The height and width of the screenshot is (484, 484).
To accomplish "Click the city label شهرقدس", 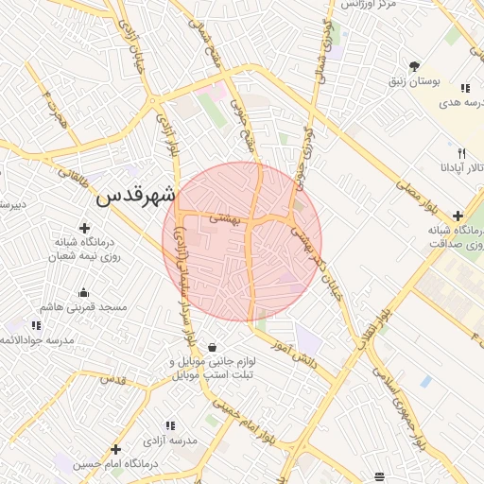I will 136,197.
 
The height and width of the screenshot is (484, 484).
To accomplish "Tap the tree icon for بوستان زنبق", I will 414,66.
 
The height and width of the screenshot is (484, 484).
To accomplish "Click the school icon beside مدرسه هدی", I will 464,89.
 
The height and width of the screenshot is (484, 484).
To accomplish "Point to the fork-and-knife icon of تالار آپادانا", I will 461,153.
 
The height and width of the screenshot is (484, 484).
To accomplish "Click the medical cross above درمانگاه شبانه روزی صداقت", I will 458,216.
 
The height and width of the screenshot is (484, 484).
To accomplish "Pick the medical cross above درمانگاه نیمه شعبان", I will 85,228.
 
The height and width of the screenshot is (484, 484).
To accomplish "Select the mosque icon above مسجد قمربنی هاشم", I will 83,292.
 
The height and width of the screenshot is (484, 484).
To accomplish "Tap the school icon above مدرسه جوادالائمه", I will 36,326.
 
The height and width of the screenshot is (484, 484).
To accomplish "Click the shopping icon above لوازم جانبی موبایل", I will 211,347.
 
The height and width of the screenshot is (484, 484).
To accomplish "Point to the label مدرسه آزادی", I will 170,441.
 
